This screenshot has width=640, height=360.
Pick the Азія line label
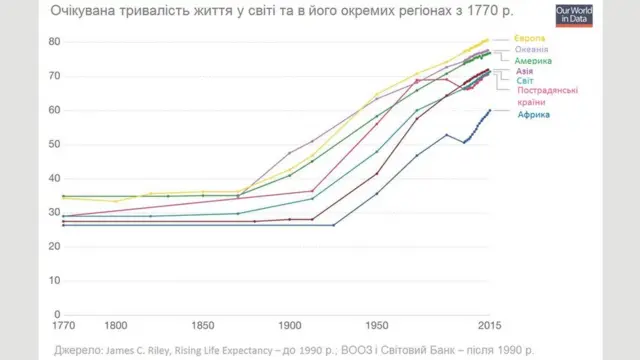524,72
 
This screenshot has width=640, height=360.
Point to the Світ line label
525,81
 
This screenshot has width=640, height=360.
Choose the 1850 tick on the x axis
202,326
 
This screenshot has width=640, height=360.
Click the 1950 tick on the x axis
376,326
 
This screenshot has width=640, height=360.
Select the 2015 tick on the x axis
489,326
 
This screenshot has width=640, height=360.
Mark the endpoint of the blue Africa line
489,110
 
